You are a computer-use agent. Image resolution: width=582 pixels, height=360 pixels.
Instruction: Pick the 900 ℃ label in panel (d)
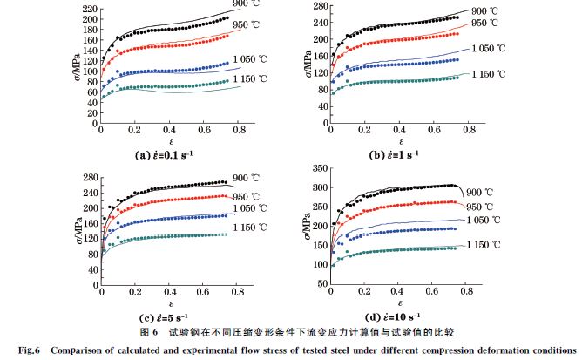coord(481,192)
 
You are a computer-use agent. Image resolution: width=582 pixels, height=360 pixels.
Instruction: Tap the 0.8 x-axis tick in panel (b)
coord(469,128)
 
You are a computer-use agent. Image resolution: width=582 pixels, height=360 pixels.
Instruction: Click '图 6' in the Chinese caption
coord(149,333)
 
